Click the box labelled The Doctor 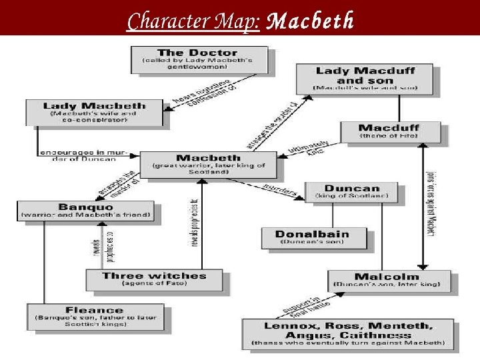click(198, 59)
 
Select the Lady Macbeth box click(94, 112)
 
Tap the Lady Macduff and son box click(364, 79)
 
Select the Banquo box click(86, 210)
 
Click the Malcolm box click(387, 280)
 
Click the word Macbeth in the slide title click(310, 21)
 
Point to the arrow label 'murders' click(278, 189)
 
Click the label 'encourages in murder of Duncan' click(77, 155)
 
